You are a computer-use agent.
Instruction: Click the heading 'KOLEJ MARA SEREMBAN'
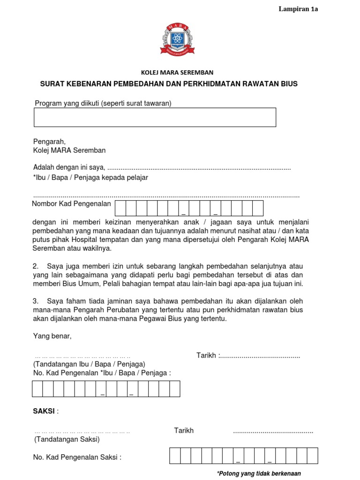tap(177, 73)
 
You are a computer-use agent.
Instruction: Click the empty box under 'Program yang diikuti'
tap(155, 117)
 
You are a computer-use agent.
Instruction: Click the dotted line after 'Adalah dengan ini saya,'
tap(199, 168)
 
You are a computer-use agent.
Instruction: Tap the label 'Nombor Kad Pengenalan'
tap(71, 203)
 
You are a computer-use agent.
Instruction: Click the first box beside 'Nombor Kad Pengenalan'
tap(120, 208)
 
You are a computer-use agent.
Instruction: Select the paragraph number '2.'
tap(36, 266)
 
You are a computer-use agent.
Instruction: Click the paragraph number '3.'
tap(36, 301)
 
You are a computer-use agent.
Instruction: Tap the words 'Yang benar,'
tap(52, 336)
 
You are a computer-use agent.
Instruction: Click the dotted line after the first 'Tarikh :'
tap(260, 356)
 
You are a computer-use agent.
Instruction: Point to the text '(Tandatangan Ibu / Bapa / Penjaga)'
tap(89, 364)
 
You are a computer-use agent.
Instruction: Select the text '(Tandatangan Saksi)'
tap(66, 440)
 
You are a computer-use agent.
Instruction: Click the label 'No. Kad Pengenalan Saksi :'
tap(77, 457)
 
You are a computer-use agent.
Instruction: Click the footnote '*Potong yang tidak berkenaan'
tap(259, 473)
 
